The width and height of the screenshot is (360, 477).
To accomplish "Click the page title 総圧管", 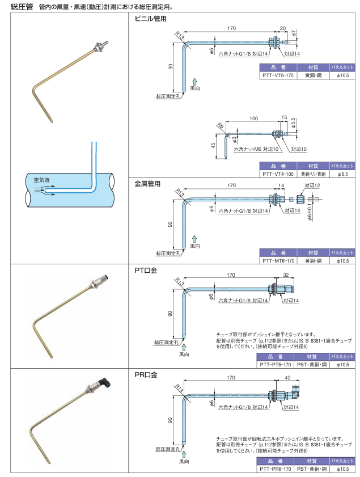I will pos(22,7).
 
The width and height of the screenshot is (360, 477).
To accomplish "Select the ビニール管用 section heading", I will pos(150,19).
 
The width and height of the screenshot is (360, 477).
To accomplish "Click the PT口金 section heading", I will pos(146,271).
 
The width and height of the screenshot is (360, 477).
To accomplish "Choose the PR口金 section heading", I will pos(146,375).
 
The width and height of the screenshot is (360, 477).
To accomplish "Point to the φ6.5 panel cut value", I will pos(342,174).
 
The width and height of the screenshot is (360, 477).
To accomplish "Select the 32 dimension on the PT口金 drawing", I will pos(286,275).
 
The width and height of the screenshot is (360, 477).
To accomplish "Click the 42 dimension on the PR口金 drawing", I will pos(289,377).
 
